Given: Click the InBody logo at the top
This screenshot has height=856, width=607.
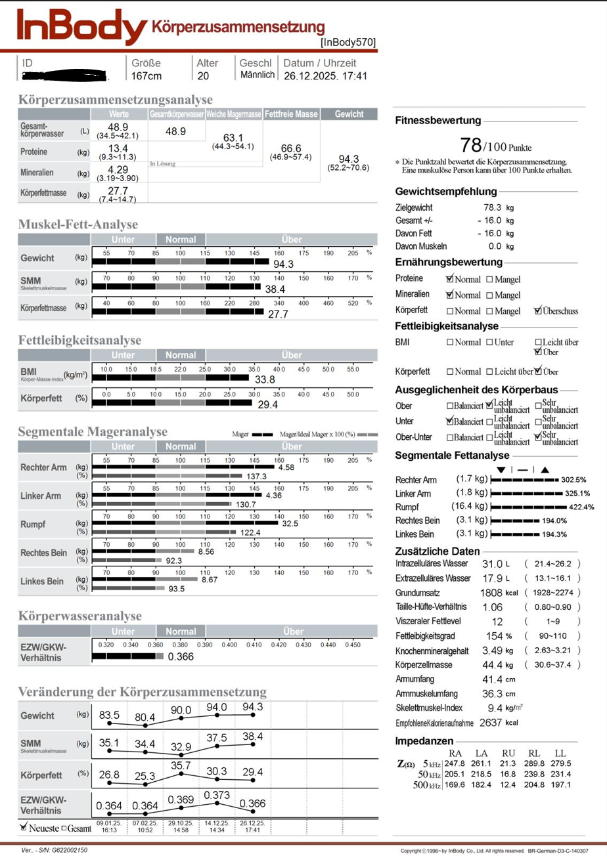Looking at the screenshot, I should click(x=82, y=28).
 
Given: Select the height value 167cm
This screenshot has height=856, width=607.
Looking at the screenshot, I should click(x=146, y=75).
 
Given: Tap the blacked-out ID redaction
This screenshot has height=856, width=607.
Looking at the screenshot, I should click(x=65, y=76).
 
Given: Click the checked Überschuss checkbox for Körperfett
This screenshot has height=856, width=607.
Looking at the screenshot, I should click(x=539, y=311).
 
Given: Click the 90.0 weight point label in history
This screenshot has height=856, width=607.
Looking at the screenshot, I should click(x=181, y=710).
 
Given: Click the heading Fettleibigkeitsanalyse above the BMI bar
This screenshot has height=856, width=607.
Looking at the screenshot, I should click(x=79, y=340).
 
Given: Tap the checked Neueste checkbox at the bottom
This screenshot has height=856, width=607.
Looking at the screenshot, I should click(x=24, y=828).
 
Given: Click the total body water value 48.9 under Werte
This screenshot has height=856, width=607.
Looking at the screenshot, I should click(x=118, y=127).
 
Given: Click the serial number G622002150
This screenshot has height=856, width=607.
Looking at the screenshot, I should click(x=66, y=850).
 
